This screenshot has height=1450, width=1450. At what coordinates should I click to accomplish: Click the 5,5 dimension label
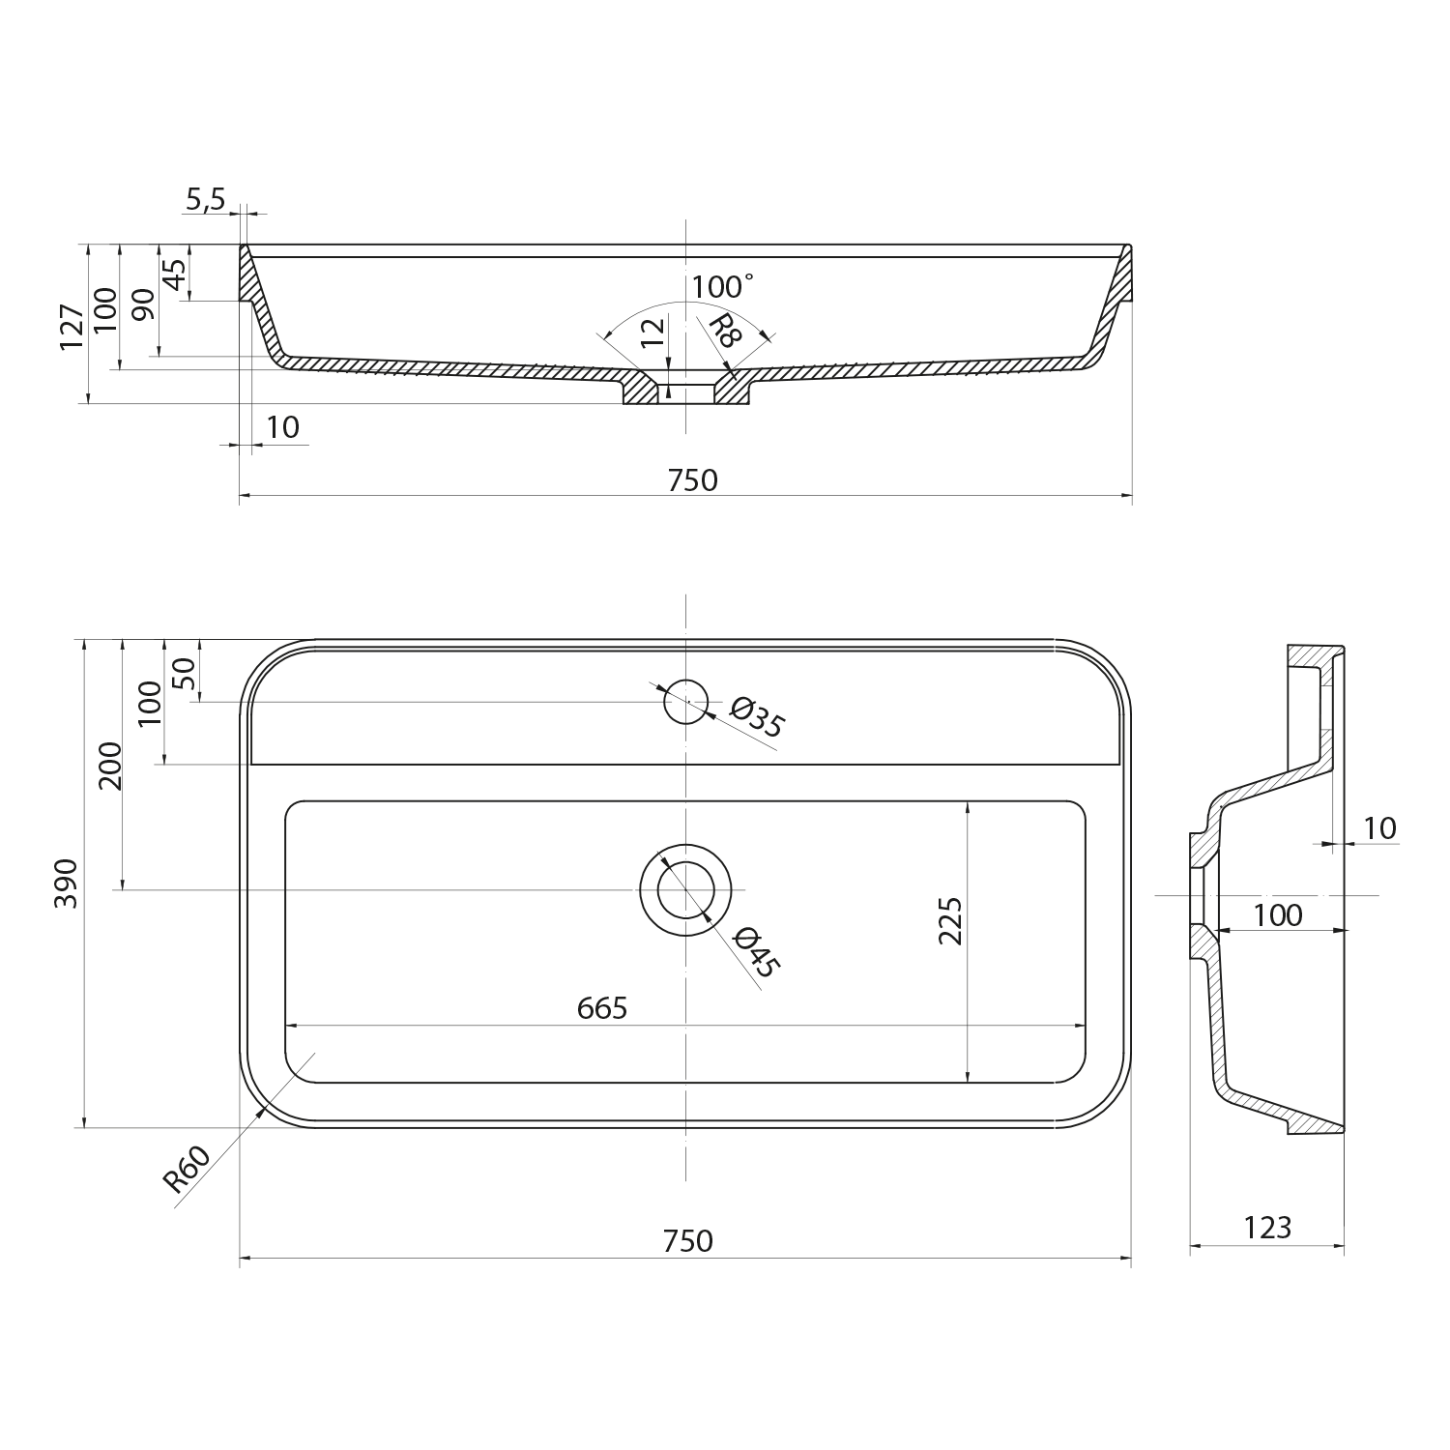tap(204, 200)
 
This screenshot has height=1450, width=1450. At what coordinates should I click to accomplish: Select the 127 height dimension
tap(72, 327)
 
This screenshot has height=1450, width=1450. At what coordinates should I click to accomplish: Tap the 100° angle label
tap(721, 287)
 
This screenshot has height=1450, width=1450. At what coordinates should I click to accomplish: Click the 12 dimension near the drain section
tap(653, 332)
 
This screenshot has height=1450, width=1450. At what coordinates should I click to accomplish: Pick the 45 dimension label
tap(175, 275)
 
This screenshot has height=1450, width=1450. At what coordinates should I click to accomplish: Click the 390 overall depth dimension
tap(67, 883)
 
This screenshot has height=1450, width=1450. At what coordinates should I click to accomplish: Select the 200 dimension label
tap(111, 766)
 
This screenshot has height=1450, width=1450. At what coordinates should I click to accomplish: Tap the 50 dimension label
tap(184, 673)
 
